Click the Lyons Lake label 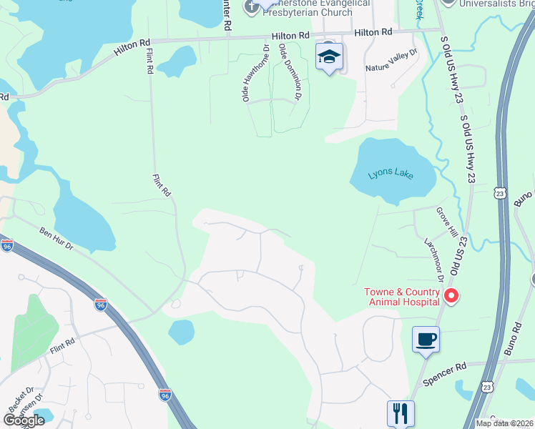click(x=391, y=174)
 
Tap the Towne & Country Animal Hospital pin click(x=451, y=295)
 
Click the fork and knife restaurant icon click(x=401, y=413)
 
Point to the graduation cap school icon click(x=329, y=56)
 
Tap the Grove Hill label click(x=446, y=222)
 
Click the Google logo click(x=24, y=420)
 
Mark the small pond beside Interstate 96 click(x=182, y=332)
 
